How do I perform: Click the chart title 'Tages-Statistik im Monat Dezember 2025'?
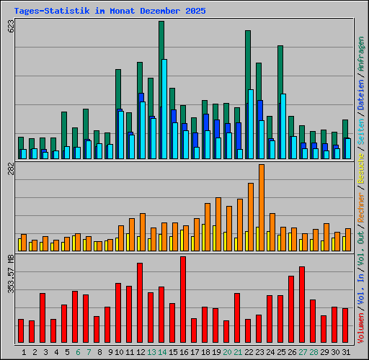pos(110,12)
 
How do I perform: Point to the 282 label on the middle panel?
pos(11,170)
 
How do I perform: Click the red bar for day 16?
pos(183,299)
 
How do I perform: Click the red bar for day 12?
pos(140,302)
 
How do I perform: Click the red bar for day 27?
pos(302,304)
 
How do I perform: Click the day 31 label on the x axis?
pos(346,351)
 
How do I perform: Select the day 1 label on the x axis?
pos(25,351)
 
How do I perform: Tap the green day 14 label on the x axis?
pos(162,351)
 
